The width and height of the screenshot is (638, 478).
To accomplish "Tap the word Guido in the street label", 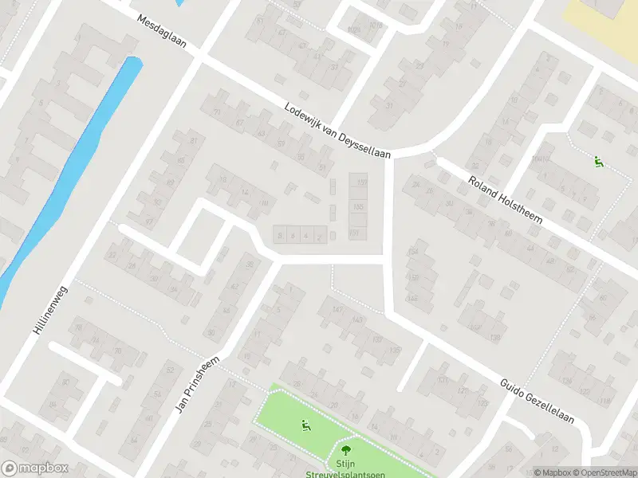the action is coord(514,388).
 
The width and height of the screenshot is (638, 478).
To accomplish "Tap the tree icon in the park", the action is coord(345,446).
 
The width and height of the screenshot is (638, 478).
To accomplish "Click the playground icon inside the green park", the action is coord(304,425).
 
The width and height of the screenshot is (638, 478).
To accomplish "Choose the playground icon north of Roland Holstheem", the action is coord(598,163).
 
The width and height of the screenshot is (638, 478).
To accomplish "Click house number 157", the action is coord(360,183).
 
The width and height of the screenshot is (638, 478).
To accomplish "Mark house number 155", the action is coord(358,207).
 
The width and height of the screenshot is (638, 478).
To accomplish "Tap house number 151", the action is coord(355,233).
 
